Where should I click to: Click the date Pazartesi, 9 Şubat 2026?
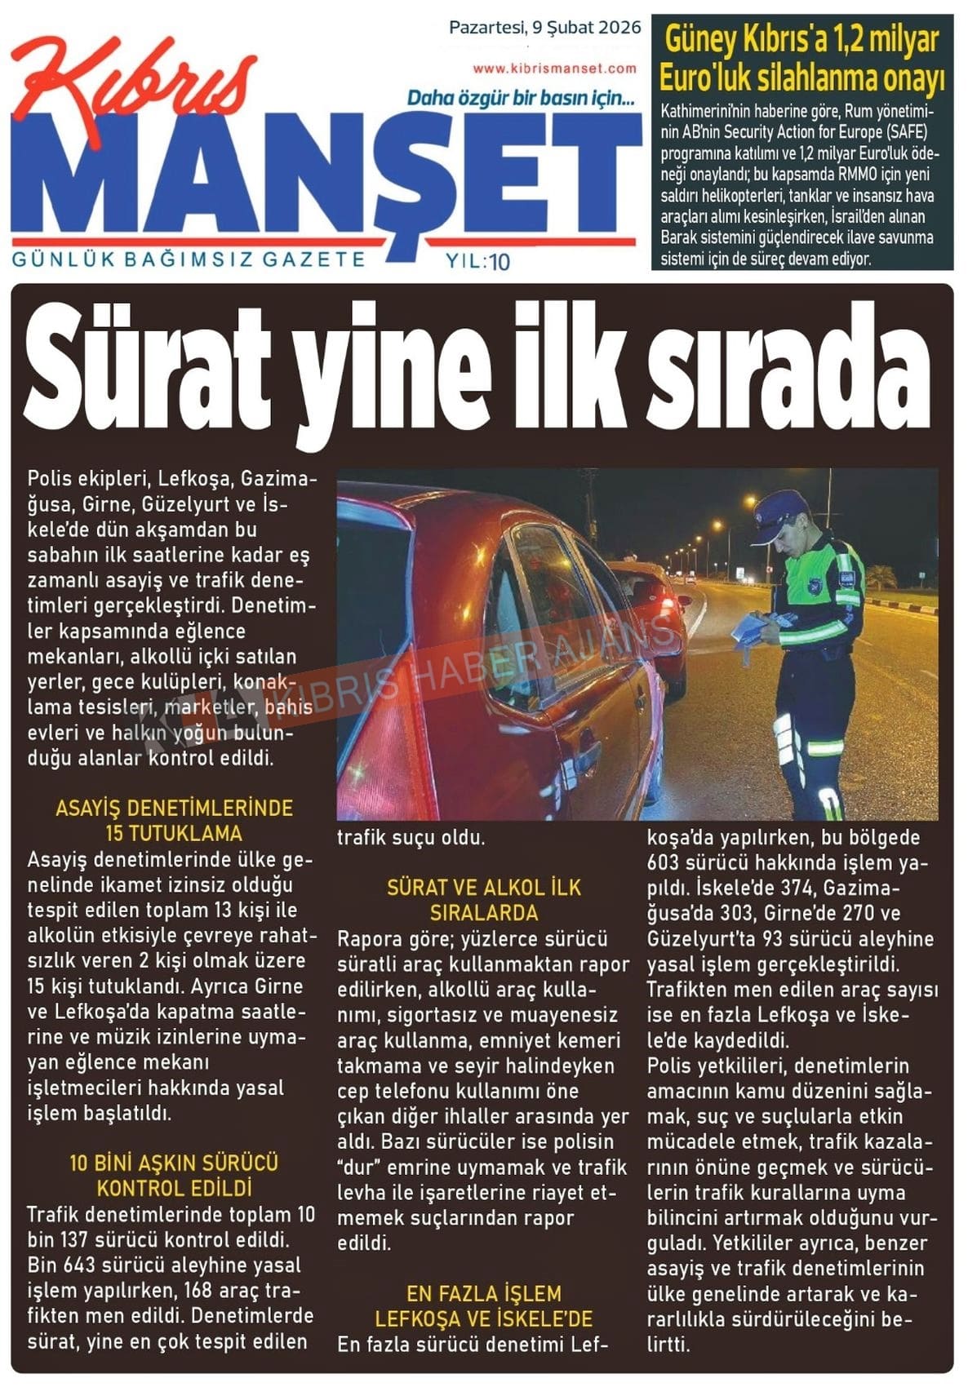544,28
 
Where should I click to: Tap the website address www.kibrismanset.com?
554,69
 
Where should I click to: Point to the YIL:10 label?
478,262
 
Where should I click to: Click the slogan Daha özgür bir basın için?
521,99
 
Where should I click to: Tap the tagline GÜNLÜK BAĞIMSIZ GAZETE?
189,260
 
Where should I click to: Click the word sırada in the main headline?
788,368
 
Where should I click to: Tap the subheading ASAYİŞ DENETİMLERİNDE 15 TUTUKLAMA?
174,821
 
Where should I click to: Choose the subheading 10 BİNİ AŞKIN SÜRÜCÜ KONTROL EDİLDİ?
174,1175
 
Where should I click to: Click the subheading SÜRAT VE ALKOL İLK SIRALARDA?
484,900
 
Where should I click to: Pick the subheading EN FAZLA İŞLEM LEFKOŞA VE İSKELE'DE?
484,1306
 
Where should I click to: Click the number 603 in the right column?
663,863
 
